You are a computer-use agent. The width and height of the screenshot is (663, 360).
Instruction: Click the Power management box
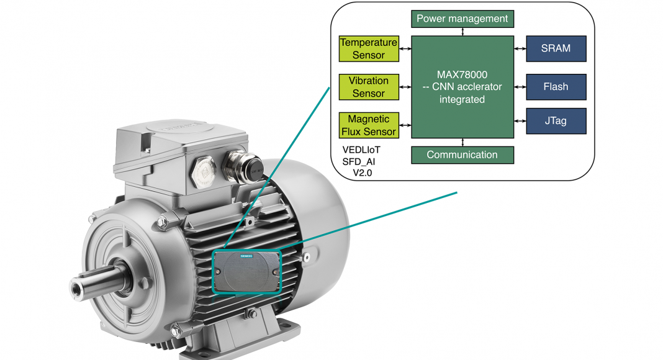462,19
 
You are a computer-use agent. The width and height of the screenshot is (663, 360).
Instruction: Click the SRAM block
556,48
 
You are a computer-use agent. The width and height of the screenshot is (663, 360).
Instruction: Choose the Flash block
556,87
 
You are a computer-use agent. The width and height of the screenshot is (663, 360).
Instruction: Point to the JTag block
556,121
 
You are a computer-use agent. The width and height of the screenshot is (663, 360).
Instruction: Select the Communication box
462,155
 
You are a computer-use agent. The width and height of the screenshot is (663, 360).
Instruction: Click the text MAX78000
462,74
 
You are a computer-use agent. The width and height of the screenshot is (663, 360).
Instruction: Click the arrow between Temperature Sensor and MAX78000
405,48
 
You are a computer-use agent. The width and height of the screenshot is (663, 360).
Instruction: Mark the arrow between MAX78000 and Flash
520,87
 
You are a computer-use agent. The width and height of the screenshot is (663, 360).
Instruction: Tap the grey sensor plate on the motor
246,271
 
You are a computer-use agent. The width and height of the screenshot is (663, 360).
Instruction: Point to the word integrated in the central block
462,99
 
